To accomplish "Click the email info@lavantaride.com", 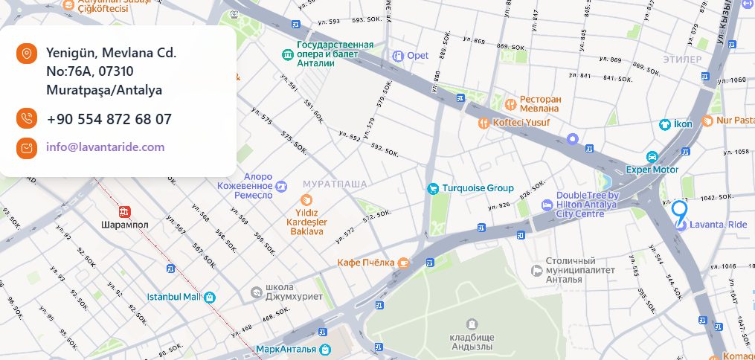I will point(105,147).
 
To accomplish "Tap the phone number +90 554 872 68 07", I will point(109,119).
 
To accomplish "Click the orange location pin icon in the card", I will point(27,54).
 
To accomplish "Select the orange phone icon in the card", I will point(27,118).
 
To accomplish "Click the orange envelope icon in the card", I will point(27,147).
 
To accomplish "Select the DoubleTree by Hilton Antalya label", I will point(586,205).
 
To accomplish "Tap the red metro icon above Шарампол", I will point(124,210).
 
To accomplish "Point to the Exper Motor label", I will point(652,169).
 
